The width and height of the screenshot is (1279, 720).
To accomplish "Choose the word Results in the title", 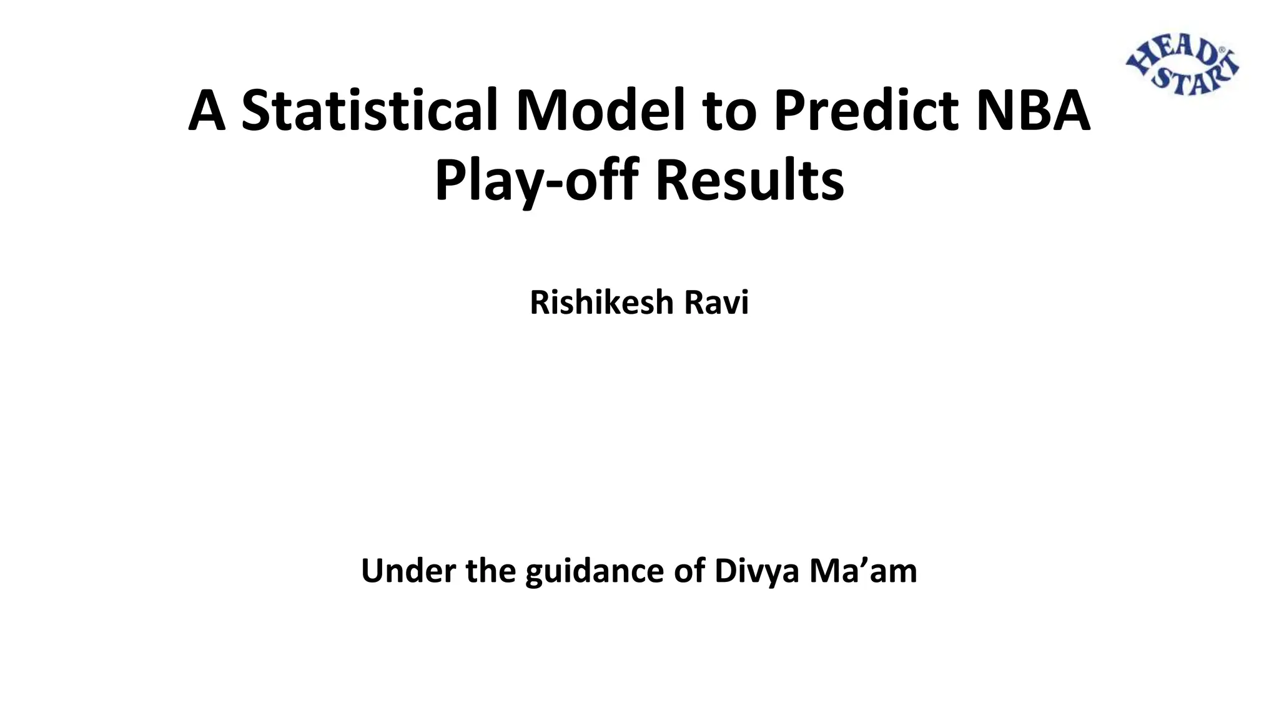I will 749,181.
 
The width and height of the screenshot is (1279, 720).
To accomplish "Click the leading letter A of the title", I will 207,111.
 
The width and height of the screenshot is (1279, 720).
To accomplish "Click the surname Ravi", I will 716,302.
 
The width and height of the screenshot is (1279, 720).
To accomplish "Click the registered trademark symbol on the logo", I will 1222,50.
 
